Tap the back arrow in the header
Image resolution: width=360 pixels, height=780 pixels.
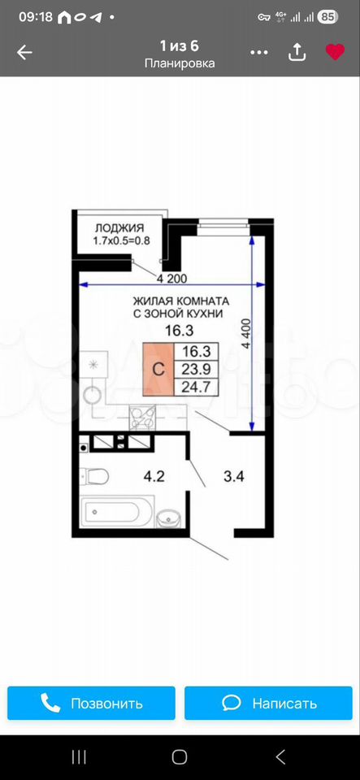(24, 52)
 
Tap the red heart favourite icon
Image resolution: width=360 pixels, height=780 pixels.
(335, 52)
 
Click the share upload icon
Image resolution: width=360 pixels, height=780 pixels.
(297, 51)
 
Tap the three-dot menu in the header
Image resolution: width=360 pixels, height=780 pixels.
(259, 52)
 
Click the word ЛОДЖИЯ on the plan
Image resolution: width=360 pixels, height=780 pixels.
(119, 228)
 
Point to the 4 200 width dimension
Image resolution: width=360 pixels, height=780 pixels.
(171, 279)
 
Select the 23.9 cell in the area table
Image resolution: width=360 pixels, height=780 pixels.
(196, 369)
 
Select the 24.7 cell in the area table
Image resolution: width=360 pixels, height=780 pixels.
(196, 387)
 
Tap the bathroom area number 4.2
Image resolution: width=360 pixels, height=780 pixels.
(154, 477)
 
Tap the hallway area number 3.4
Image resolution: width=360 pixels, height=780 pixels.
(233, 477)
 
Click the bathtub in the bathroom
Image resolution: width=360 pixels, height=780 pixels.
(117, 511)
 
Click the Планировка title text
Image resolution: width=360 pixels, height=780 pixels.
(180, 63)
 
